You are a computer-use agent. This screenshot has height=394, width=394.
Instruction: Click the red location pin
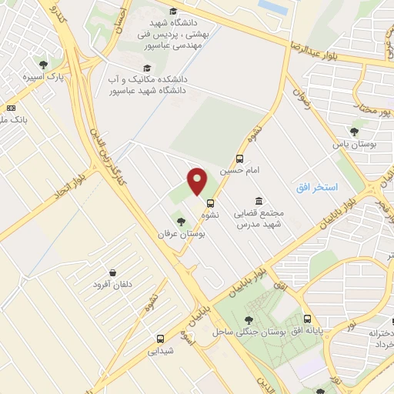pyautogui.click(x=198, y=182)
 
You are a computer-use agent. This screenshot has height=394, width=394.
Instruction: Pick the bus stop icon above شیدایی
pyautogui.click(x=160, y=339)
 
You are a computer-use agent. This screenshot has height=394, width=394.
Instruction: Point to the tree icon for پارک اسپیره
pyautogui.click(x=42, y=65)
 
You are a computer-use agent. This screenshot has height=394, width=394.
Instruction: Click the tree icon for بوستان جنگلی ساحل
pyautogui.click(x=248, y=320)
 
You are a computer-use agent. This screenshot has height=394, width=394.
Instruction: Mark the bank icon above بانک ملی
pyautogui.click(x=11, y=109)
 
